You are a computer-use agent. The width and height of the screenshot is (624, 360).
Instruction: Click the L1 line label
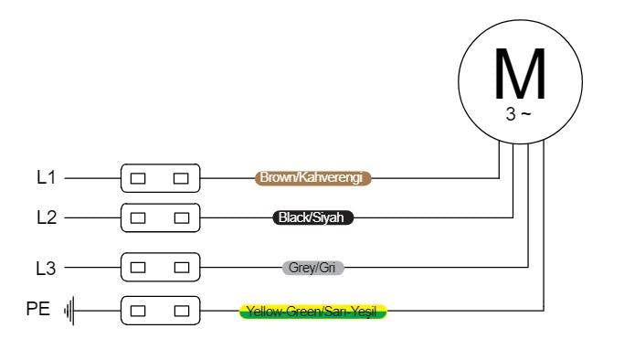(x=47, y=177)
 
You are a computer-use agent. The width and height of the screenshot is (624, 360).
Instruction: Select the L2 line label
(x=47, y=217)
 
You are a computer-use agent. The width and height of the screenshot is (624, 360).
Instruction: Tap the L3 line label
(x=46, y=268)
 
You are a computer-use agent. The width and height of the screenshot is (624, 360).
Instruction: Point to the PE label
(x=38, y=309)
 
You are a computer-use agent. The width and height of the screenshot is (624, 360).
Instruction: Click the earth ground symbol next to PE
(x=69, y=311)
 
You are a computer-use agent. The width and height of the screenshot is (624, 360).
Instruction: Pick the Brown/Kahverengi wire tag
(x=312, y=178)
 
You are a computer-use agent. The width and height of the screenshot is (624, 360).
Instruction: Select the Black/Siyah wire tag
(x=312, y=217)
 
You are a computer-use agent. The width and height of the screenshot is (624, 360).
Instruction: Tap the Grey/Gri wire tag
(x=312, y=268)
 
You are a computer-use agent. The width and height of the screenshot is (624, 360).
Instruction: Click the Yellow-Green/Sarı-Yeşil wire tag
(x=312, y=311)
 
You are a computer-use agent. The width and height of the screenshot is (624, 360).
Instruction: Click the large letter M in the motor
(x=520, y=74)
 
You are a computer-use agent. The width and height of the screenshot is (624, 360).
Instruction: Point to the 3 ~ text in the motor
(x=518, y=114)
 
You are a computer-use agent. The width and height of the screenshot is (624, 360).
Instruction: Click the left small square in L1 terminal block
(x=138, y=178)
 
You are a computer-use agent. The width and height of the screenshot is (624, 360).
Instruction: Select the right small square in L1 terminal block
(x=181, y=178)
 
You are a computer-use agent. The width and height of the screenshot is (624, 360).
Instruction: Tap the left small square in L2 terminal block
(x=138, y=218)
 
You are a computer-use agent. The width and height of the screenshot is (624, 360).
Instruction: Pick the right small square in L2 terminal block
(x=182, y=218)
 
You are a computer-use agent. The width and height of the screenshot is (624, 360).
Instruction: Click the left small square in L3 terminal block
(x=138, y=268)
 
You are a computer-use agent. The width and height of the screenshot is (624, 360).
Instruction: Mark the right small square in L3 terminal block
(x=182, y=268)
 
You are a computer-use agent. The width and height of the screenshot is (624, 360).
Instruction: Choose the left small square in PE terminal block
(x=138, y=311)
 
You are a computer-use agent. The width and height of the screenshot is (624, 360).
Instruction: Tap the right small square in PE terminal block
(x=182, y=311)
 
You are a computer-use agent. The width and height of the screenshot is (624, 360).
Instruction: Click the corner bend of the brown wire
(x=499, y=178)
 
